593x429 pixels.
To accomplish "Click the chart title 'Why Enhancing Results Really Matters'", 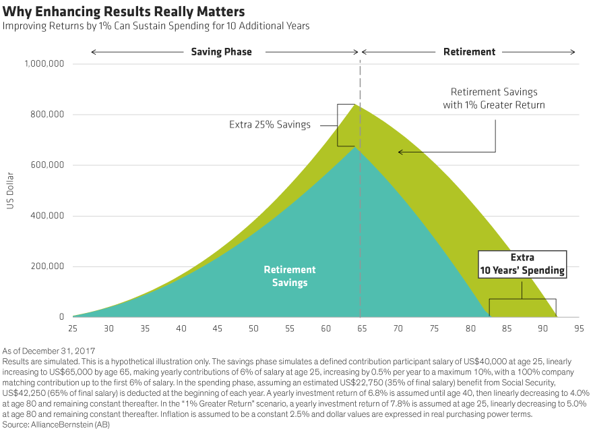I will (x=123, y=11).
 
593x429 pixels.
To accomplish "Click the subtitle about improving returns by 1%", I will (x=156, y=26).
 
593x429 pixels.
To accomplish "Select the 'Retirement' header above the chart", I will (x=469, y=51).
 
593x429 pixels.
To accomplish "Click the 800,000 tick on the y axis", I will (x=46, y=115).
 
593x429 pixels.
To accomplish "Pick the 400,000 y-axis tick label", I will (x=46, y=216).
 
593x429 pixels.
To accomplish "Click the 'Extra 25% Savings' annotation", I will (x=270, y=125).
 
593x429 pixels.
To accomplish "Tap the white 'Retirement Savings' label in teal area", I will (x=289, y=276).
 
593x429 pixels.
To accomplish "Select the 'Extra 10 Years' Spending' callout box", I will (x=522, y=264).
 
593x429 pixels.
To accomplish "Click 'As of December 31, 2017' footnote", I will (x=49, y=351).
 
